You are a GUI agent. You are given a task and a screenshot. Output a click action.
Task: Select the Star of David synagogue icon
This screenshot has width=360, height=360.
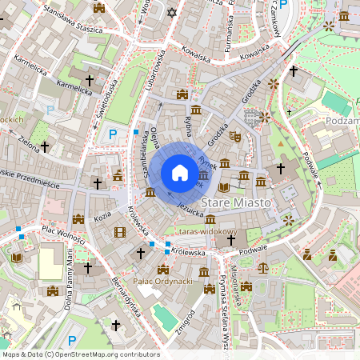pos(170,13)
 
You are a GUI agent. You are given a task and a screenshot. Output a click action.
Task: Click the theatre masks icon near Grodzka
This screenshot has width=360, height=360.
pos(234,137)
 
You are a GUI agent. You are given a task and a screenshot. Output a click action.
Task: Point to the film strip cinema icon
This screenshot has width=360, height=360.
pos(119,232)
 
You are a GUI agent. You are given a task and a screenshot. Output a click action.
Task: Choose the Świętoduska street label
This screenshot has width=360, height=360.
pos(103,100)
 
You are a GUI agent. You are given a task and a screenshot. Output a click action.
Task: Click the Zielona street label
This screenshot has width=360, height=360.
pos(28,143)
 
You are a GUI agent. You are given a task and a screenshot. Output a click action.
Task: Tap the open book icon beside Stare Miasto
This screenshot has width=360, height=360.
pos(224,187)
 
